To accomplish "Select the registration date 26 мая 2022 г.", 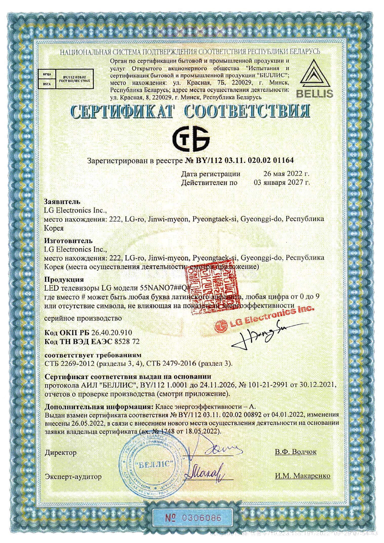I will (x=286, y=174).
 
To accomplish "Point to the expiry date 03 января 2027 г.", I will (x=282, y=182).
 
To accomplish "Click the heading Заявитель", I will (x=62, y=202).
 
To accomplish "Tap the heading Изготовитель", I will (x=68, y=240).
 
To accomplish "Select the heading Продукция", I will (x=64, y=279).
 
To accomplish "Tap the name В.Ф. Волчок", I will (x=295, y=452).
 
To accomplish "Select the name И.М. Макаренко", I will (x=302, y=476).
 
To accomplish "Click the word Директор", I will (x=60, y=452).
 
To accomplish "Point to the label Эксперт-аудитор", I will (x=73, y=476).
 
